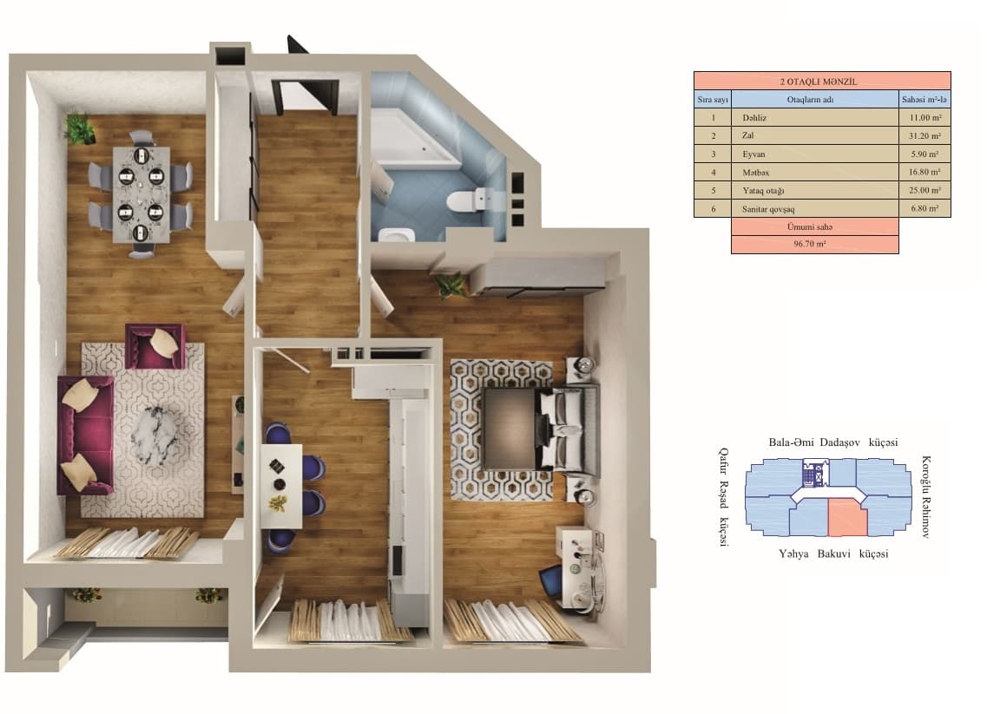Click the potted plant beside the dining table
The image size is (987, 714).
[80, 128]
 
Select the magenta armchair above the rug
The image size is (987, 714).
[155, 345]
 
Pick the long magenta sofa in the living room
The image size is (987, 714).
[82, 435]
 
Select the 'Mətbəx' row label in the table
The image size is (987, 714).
[756, 172]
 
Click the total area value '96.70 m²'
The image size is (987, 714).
[814, 245]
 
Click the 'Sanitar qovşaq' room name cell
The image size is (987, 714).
[767, 208]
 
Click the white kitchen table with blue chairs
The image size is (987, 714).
[283, 485]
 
